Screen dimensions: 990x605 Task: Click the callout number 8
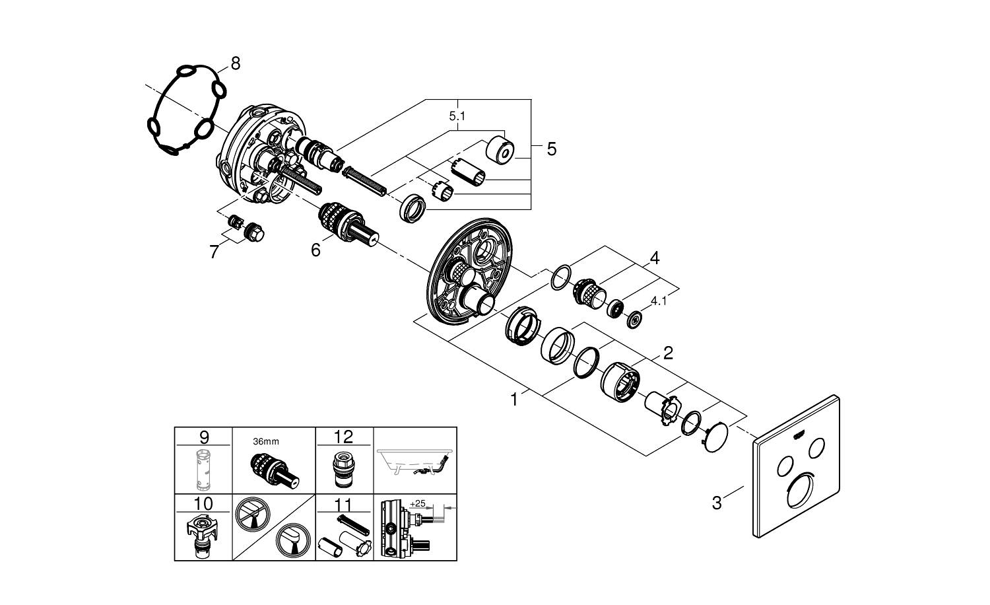tap(236, 63)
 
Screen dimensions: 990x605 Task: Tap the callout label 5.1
tap(457, 116)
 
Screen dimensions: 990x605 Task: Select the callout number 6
tap(315, 250)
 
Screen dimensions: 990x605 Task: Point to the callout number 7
tap(214, 252)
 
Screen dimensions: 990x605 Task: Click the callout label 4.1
tap(659, 302)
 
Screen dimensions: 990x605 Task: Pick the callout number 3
tap(716, 503)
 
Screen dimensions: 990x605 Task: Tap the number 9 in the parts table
tap(204, 437)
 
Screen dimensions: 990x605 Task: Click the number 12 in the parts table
tap(343, 437)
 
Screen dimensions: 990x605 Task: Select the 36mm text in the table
tap(266, 441)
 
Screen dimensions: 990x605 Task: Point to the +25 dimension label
tap(418, 503)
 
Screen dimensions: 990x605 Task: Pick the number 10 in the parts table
tap(203, 503)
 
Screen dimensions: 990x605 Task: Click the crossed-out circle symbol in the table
tap(252, 514)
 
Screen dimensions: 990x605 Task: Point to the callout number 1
tap(513, 400)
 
